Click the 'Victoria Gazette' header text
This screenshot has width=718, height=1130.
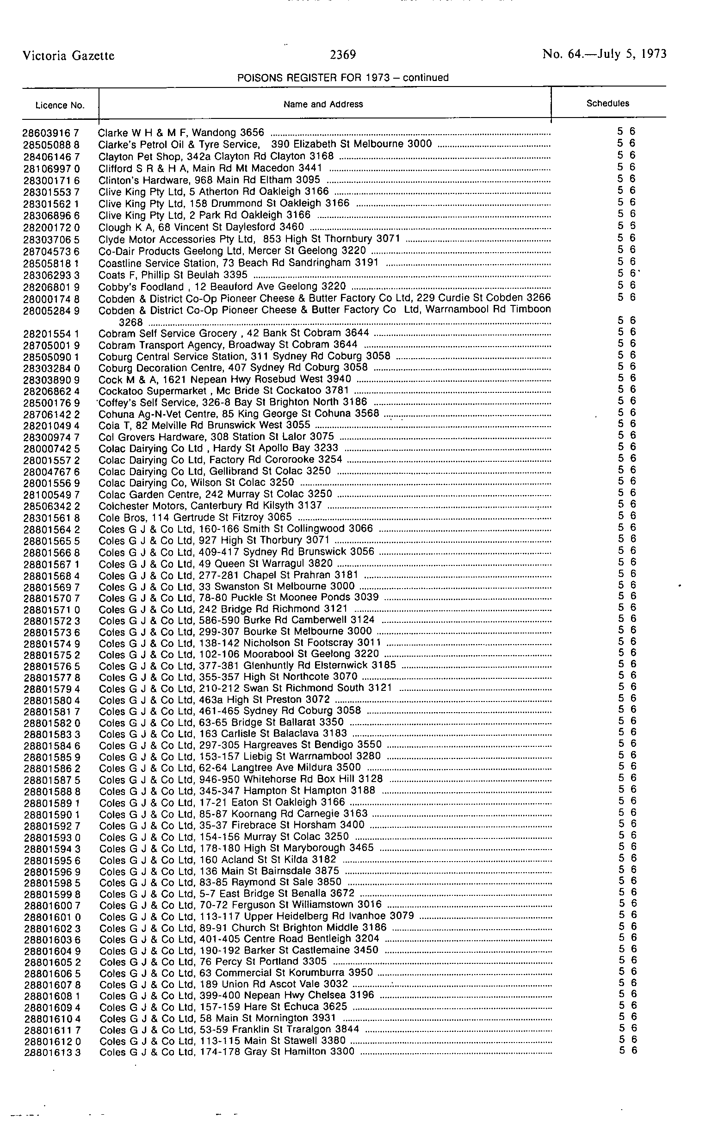pyautogui.click(x=68, y=56)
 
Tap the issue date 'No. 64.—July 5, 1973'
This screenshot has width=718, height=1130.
pyautogui.click(x=604, y=54)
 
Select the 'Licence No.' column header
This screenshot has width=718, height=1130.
pyautogui.click(x=60, y=105)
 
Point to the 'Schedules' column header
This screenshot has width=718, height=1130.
pyautogui.click(x=608, y=103)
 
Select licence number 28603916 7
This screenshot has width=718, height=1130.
pyautogui.click(x=51, y=133)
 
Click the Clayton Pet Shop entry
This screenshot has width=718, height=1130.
pyautogui.click(x=216, y=156)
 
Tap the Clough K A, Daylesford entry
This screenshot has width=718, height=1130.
pyautogui.click(x=201, y=227)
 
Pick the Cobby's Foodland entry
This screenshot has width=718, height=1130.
pyautogui.click(x=222, y=286)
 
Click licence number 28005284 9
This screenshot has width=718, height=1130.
pyautogui.click(x=51, y=310)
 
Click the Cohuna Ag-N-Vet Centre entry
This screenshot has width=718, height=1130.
pyautogui.click(x=238, y=413)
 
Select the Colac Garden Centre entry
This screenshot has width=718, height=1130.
pyautogui.click(x=215, y=494)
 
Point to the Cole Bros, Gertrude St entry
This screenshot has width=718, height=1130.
pyautogui.click(x=195, y=517)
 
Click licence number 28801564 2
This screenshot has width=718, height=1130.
pyautogui.click(x=52, y=529)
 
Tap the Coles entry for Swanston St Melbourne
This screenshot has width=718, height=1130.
pyautogui.click(x=227, y=586)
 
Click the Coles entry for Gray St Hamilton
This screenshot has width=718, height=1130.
pyautogui.click(x=227, y=1051)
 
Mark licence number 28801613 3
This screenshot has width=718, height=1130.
pyautogui.click(x=52, y=1052)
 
